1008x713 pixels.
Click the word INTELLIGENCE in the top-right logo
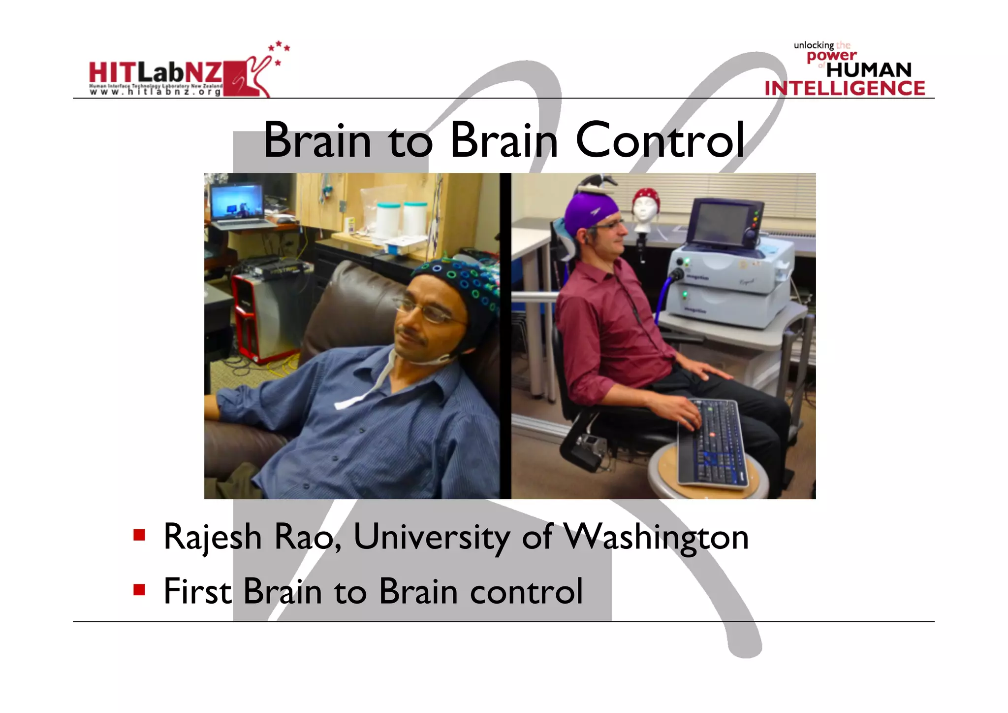[845, 88]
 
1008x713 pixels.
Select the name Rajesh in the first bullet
[212, 537]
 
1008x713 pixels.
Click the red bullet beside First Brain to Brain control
[139, 589]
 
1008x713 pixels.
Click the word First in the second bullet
[197, 591]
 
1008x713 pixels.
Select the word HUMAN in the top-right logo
[869, 70]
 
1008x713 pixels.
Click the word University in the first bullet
[432, 537]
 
